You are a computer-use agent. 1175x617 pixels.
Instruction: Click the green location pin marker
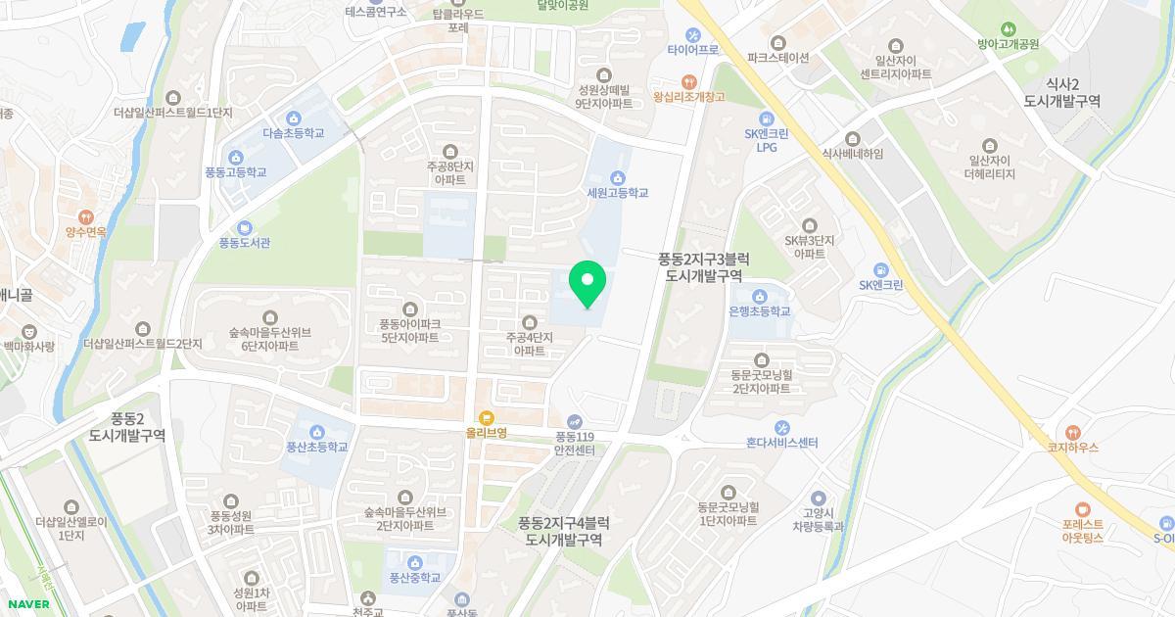point(587,284)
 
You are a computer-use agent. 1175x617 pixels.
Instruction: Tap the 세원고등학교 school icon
point(617,177)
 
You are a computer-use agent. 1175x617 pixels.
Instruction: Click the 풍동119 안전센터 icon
point(575,421)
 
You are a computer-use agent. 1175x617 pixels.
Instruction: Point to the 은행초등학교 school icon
point(759,296)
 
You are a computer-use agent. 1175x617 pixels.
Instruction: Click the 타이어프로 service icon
point(692,34)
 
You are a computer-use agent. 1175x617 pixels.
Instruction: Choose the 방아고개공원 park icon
point(1008,28)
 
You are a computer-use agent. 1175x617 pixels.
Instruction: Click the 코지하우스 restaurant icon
point(1073,431)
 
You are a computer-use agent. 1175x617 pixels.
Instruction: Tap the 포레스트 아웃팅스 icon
point(1082,508)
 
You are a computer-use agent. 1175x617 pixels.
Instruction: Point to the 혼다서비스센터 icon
point(781,427)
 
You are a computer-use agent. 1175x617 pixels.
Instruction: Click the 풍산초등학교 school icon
point(317,432)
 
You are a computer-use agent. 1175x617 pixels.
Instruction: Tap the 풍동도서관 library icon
point(244,227)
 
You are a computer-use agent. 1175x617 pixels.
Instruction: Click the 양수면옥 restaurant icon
point(86,216)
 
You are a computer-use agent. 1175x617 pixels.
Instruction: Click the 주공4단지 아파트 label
point(530,344)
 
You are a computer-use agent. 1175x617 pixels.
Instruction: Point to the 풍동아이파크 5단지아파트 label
point(410,330)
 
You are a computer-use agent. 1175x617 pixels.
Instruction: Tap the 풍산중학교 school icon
point(416,562)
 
